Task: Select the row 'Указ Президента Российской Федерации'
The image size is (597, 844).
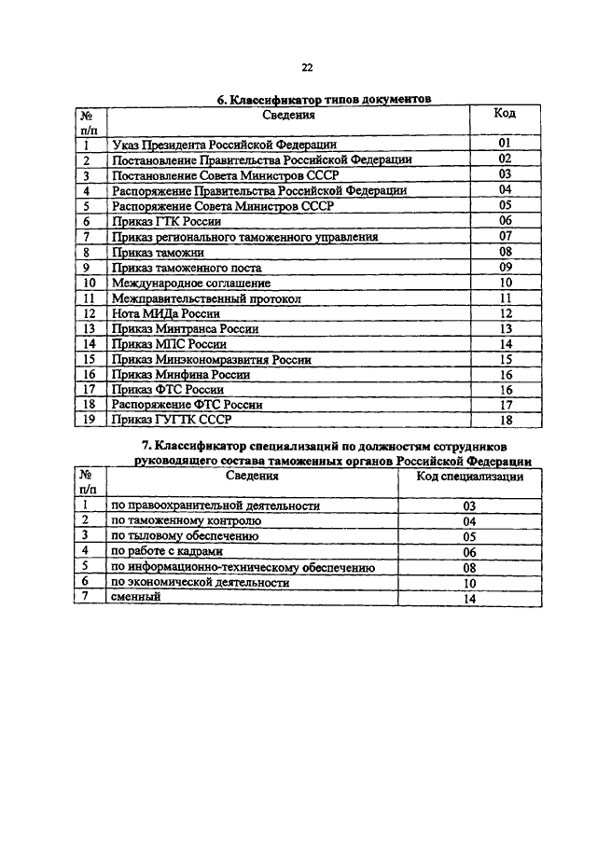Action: pos(223,145)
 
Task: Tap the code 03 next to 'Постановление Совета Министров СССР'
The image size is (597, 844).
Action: pos(505,173)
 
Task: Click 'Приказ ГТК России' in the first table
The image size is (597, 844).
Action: pos(166,222)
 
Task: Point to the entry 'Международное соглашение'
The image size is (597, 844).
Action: pos(190,283)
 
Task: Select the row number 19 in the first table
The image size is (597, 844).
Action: pos(90,420)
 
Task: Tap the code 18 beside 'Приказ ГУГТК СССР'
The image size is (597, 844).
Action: pos(505,420)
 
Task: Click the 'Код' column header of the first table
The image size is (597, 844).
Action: pos(505,115)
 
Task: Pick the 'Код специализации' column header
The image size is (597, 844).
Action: pos(469,476)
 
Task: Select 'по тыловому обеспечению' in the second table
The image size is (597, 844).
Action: pos(185,536)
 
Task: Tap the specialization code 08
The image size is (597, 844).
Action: pos(469,567)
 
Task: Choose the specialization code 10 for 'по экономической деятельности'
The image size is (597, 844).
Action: pos(469,583)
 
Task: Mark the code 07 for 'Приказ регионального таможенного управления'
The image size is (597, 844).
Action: pos(505,237)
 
